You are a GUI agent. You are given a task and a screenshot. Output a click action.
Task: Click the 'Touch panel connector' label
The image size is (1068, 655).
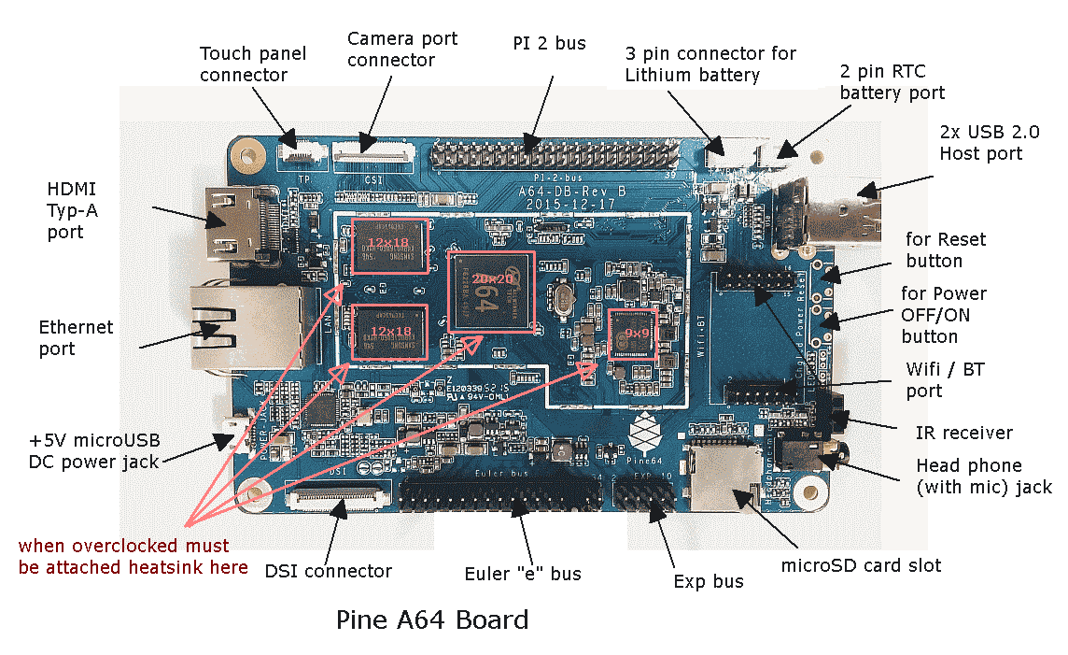tap(244, 64)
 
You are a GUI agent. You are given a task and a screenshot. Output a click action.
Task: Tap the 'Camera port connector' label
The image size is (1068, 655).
tap(402, 50)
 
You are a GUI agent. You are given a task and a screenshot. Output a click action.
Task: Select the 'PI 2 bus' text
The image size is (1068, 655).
tap(549, 44)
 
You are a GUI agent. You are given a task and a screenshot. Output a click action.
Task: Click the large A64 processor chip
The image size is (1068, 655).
tap(492, 290)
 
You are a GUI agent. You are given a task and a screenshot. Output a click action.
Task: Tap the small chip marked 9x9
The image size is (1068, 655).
tap(635, 334)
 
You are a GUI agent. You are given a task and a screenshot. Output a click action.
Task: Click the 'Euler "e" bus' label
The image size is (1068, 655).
tap(523, 573)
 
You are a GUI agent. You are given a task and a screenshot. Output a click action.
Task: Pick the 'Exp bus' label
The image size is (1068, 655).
tap(709, 581)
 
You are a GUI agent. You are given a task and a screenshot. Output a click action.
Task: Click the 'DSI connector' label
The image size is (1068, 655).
tap(328, 571)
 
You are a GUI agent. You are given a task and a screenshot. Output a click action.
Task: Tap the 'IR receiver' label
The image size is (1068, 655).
tap(964, 432)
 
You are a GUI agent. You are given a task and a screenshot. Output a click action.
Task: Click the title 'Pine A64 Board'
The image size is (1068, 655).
tap(431, 619)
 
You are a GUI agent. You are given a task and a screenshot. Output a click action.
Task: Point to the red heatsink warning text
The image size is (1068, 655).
tap(133, 556)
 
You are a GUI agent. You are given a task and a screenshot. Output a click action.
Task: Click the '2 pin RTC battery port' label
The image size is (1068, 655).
tap(892, 81)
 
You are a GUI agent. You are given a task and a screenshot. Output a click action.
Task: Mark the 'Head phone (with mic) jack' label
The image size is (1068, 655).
tap(983, 476)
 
